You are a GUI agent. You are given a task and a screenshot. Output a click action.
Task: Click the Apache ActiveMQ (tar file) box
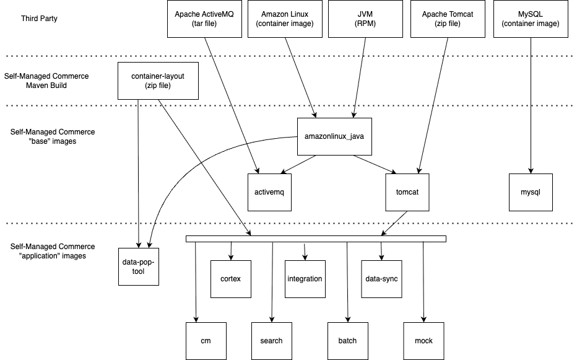[x=205, y=19]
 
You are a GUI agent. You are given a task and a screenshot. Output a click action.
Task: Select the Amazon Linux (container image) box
[x=285, y=19]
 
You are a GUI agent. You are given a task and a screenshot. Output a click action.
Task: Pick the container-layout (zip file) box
[x=158, y=81]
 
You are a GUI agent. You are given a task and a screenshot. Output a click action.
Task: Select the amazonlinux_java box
[x=334, y=136]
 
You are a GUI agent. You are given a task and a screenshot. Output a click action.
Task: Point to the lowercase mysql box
[x=531, y=192]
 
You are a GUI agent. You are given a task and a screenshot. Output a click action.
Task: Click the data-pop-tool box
[x=139, y=266]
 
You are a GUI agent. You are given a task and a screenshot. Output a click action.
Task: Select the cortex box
[x=230, y=279]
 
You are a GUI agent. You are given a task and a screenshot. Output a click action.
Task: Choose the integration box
[x=305, y=279]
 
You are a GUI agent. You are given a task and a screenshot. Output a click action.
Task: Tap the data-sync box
[x=381, y=279]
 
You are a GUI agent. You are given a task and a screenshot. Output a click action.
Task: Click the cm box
[x=206, y=341]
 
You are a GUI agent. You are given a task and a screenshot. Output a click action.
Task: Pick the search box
[x=271, y=341]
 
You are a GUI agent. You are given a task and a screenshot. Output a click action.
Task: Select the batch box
[x=347, y=341]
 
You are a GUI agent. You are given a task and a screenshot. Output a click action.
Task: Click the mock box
[x=423, y=341]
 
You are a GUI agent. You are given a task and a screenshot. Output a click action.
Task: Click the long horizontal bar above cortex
[x=316, y=239]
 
